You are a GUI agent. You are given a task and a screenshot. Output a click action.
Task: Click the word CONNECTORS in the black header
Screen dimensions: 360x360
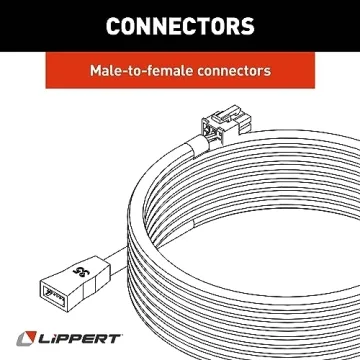pyautogui.click(x=179, y=24)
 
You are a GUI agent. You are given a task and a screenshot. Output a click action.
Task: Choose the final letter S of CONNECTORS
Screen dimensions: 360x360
pyautogui.click(x=246, y=24)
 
